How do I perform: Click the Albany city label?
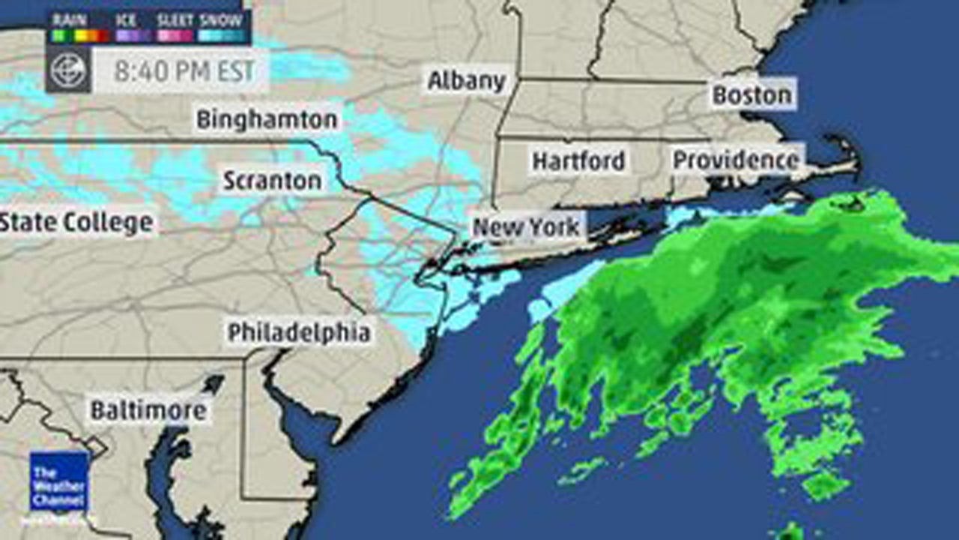coord(466,80)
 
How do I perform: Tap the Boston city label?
coord(751,94)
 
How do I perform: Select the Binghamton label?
coord(267,119)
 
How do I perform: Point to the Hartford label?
coord(578,160)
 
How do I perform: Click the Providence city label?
coord(736,160)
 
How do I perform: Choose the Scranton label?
coord(272,181)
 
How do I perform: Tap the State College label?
coord(76,222)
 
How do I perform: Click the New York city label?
coord(527,226)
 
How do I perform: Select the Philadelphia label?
coord(299,332)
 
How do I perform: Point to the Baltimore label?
coord(148,410)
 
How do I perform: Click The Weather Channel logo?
coord(59,481)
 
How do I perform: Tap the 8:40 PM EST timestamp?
coord(184,71)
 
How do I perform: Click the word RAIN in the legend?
coord(69,20)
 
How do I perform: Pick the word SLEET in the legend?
coord(175,20)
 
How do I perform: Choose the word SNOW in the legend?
coord(222,20)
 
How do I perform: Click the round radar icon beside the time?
coord(69,71)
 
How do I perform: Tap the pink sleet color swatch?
coord(175,35)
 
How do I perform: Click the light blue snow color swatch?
coord(222,35)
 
